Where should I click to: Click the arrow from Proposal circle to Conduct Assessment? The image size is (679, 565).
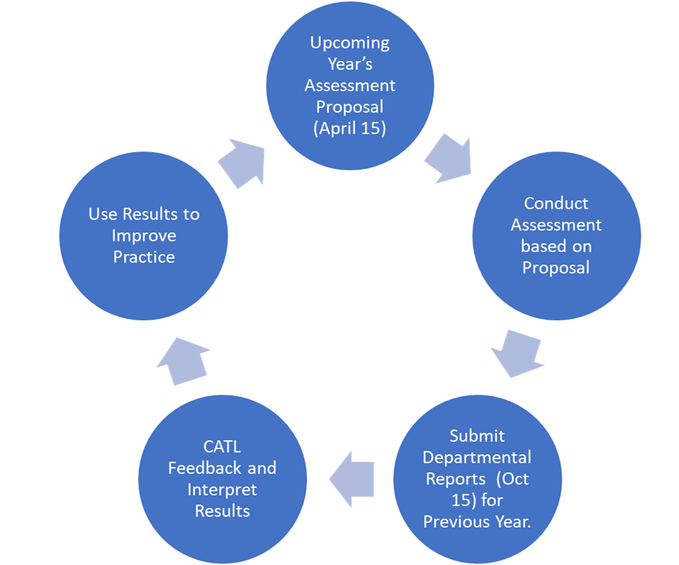point(447,160)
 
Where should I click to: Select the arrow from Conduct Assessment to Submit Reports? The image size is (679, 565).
point(518,352)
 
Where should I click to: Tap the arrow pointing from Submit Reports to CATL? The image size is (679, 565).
point(352,479)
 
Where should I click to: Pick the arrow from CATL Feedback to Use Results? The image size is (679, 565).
point(184,361)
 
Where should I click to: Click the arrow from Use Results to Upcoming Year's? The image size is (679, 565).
point(242,162)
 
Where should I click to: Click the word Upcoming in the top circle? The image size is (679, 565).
point(350,43)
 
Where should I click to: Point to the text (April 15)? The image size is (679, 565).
point(350,129)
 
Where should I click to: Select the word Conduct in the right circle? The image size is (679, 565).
point(556,203)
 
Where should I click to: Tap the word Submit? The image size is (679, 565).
point(477,436)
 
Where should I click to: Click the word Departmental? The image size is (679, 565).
point(477,457)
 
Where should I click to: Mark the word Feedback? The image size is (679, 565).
point(207,468)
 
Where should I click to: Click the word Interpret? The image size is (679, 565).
point(222,489)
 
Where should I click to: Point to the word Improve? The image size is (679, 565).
point(144,236)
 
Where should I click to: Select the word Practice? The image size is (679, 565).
point(144,257)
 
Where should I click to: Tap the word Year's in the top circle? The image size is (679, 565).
point(350,64)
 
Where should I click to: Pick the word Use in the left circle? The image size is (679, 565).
point(103,214)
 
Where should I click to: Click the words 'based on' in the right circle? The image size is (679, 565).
point(556,246)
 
